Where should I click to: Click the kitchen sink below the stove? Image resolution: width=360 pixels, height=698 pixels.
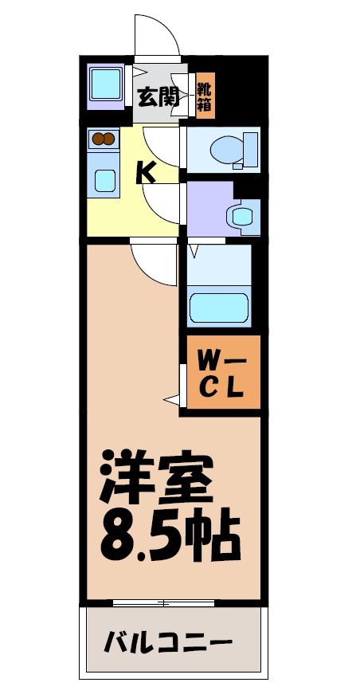pos(105,179)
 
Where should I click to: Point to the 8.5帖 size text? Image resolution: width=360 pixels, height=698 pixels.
pos(169,538)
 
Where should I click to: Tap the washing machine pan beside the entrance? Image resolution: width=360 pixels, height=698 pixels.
pos(104,83)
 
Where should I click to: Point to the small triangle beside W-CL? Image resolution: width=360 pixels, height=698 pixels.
pos(170,398)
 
